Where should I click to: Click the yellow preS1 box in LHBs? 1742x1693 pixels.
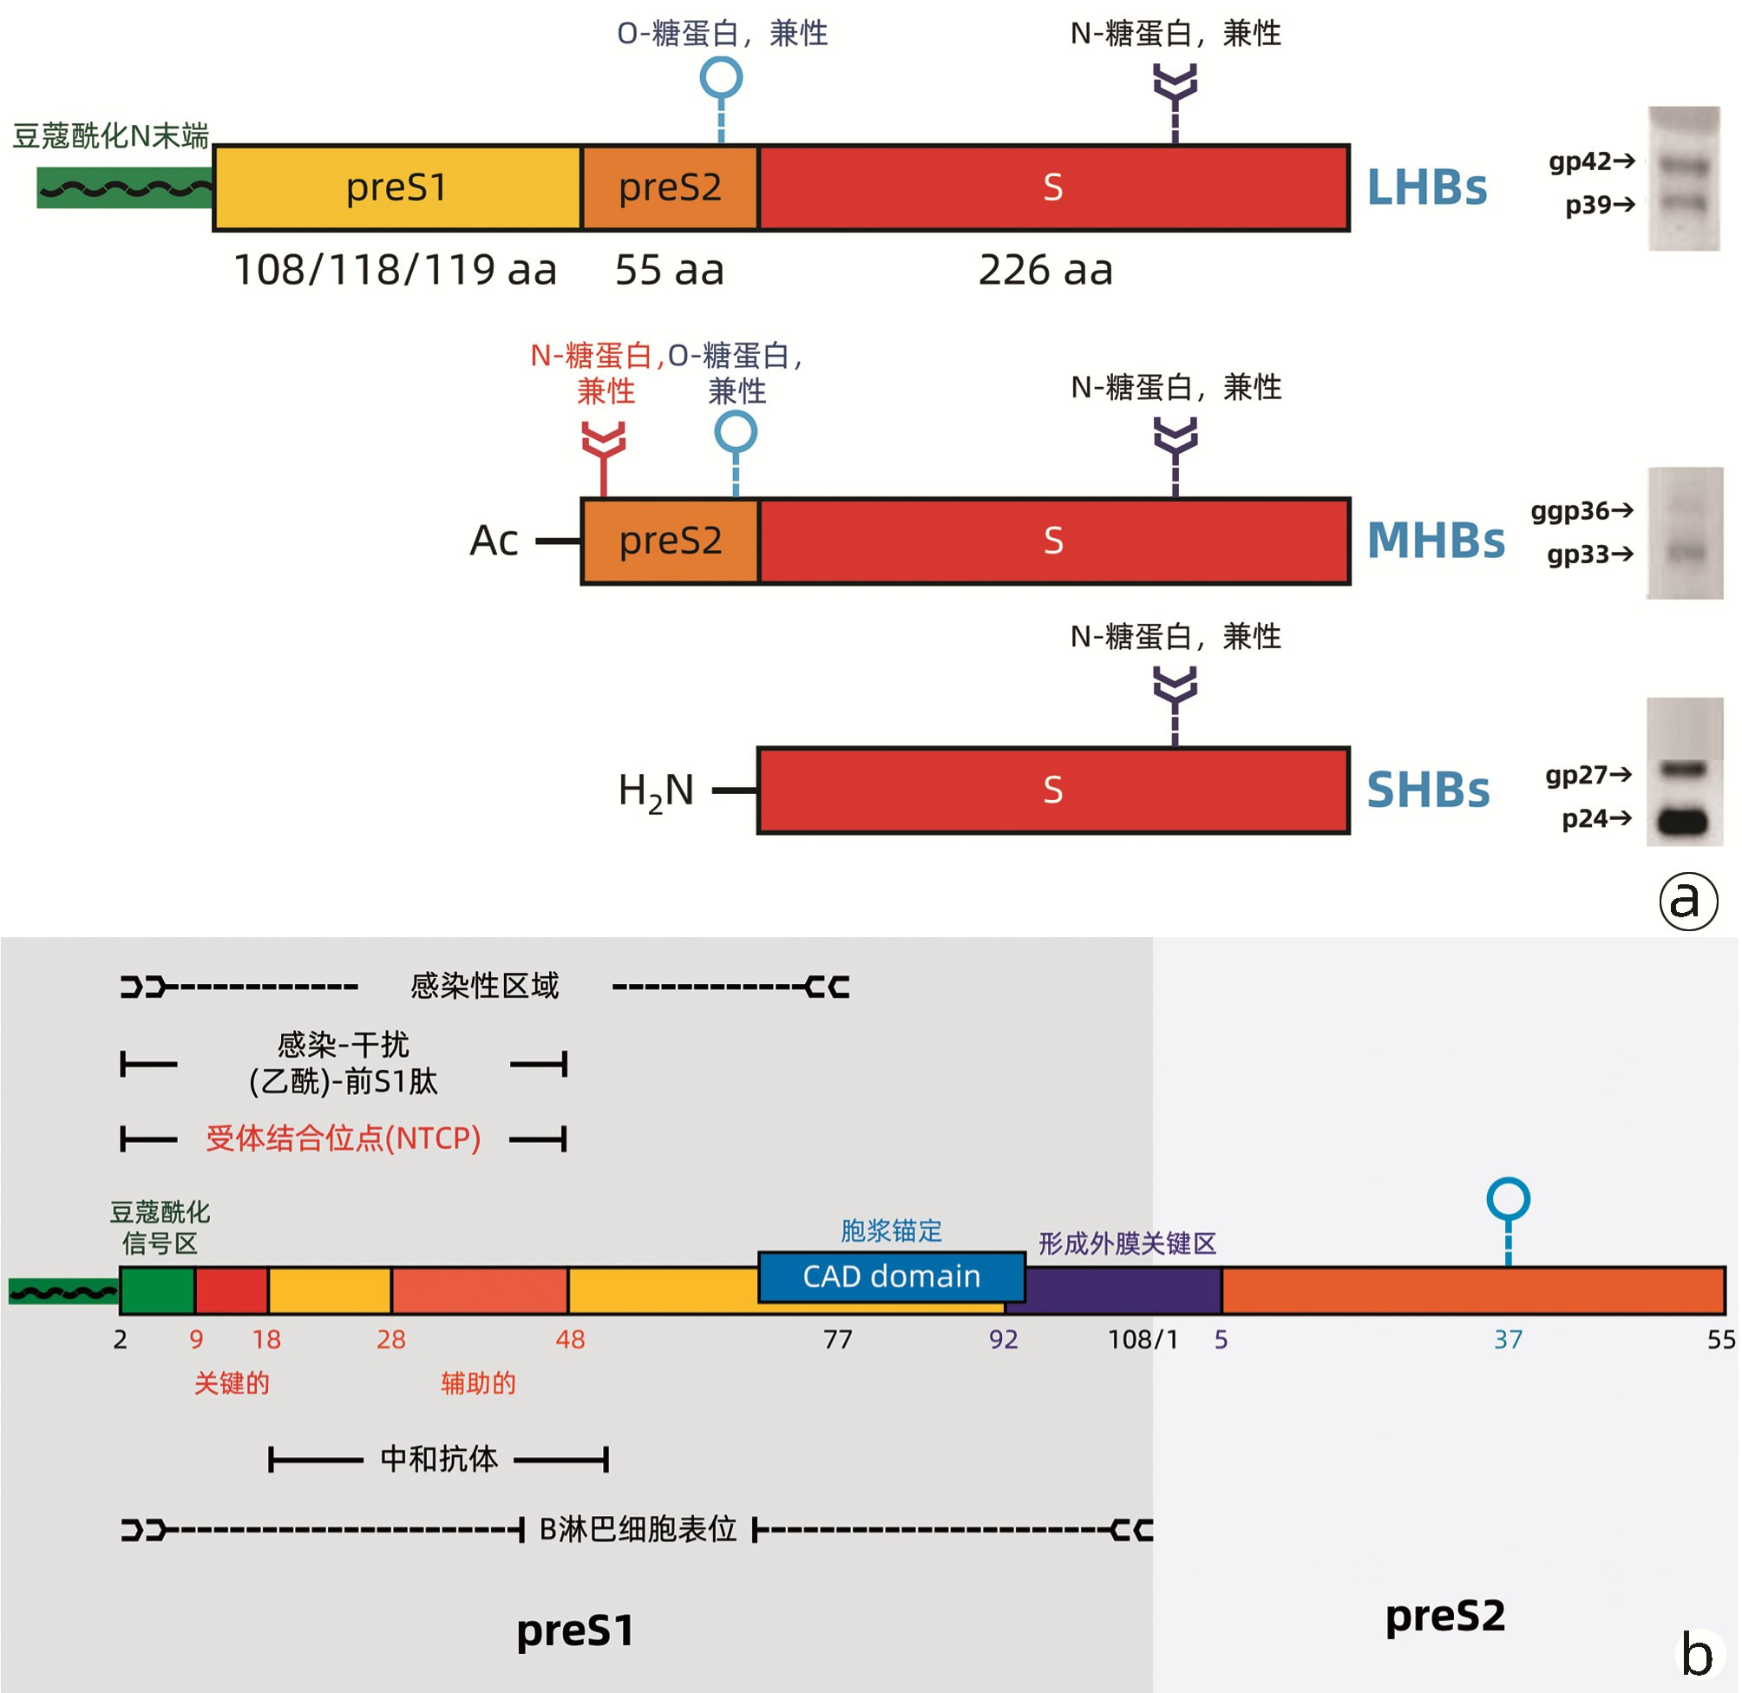(396, 187)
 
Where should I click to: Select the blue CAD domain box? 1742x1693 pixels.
(892, 1276)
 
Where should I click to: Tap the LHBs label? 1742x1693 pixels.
(1426, 187)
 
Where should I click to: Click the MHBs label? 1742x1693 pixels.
(1436, 541)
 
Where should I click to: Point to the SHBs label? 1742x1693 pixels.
(1427, 790)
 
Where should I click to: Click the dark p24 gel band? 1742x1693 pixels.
(1683, 821)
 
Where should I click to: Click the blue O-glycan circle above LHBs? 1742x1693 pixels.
(721, 78)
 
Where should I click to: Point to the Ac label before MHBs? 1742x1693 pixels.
(494, 541)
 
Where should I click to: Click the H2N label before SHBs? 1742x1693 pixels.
(656, 791)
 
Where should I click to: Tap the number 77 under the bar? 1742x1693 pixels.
(837, 1339)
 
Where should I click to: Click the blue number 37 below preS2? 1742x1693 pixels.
(1508, 1339)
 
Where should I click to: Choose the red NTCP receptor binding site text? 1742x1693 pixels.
(343, 1139)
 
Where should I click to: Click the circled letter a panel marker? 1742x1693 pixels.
(1688, 901)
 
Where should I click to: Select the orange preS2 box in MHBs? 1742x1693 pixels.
(670, 541)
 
